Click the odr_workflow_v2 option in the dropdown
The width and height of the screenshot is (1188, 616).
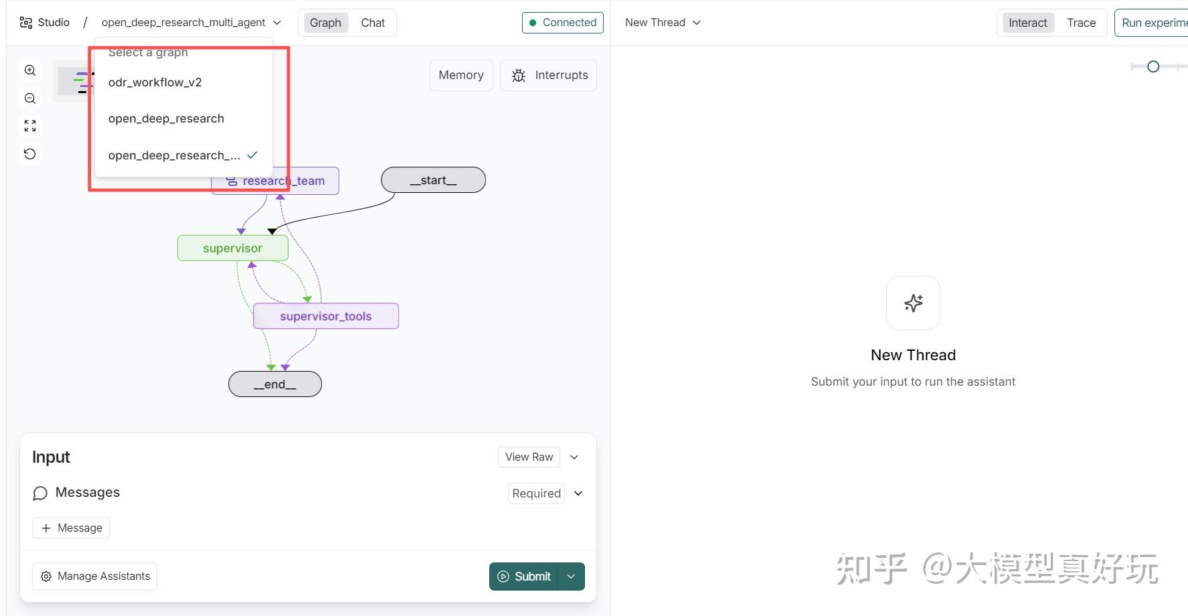pyautogui.click(x=155, y=82)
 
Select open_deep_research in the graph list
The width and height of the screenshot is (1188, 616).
pyautogui.click(x=166, y=119)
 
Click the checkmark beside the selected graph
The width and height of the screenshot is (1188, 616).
pyautogui.click(x=252, y=155)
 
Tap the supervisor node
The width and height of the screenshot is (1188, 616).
pyautogui.click(x=232, y=248)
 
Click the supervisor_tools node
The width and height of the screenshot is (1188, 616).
pyautogui.click(x=325, y=316)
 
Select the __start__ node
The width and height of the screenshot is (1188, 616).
pyautogui.click(x=433, y=180)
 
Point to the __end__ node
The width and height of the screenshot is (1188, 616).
pyautogui.click(x=274, y=384)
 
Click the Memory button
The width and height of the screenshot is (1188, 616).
pyautogui.click(x=461, y=75)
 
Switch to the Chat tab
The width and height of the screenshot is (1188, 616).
pyautogui.click(x=373, y=23)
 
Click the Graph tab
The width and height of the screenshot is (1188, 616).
pyautogui.click(x=325, y=23)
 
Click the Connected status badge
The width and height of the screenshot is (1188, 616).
pyautogui.click(x=562, y=23)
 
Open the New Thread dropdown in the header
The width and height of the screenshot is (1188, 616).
pyautogui.click(x=663, y=23)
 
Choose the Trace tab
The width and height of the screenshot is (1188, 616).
pyautogui.click(x=1081, y=23)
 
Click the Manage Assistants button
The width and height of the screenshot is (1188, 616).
pyautogui.click(x=94, y=576)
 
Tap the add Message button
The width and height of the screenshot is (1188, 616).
pyautogui.click(x=71, y=528)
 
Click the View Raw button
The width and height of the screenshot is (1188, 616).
pyautogui.click(x=529, y=457)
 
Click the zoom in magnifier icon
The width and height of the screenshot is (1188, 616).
pyautogui.click(x=30, y=70)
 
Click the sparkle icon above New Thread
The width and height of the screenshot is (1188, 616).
pyautogui.click(x=913, y=303)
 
